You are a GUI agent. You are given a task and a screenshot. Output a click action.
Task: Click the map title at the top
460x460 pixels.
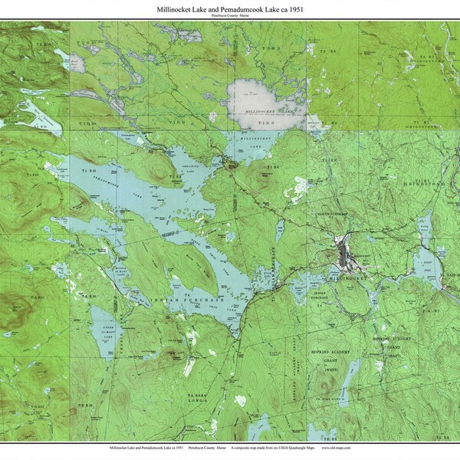230,8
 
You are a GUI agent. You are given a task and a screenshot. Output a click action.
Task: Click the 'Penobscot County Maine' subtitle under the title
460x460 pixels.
230,16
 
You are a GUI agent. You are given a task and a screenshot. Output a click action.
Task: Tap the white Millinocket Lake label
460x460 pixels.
264,112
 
